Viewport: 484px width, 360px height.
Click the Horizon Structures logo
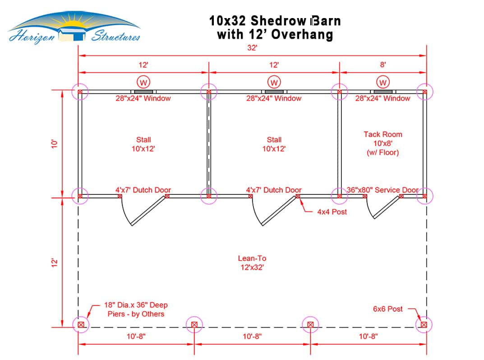(74, 28)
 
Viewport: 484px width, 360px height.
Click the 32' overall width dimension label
(252, 48)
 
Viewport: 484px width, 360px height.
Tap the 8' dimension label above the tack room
(383, 65)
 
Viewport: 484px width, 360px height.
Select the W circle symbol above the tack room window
(383, 82)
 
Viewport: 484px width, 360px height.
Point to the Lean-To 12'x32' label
(252, 263)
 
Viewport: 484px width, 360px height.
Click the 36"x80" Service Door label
(383, 190)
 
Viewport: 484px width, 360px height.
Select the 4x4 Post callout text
(332, 212)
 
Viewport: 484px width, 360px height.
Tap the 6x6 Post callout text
(387, 309)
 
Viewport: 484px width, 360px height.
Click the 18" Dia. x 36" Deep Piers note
(136, 309)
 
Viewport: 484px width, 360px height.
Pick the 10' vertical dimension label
(55, 144)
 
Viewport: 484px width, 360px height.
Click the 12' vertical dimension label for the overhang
(55, 263)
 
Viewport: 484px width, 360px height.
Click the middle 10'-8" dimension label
(252, 336)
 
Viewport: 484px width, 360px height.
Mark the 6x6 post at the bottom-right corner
(424, 324)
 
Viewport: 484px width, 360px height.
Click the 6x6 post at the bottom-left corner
(81, 324)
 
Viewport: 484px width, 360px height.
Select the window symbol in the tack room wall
(383, 92)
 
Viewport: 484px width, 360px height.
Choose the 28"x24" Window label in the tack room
(383, 98)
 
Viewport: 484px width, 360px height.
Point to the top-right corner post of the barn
(425, 92)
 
